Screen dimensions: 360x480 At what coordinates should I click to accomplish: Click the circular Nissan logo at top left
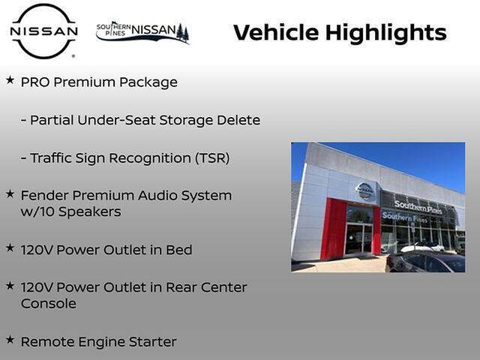tap(43, 31)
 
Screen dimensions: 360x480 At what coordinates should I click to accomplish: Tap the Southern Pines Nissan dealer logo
tap(142, 32)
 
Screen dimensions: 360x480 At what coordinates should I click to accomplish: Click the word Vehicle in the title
tap(277, 33)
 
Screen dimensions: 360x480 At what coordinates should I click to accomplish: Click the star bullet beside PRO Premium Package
tap(10, 79)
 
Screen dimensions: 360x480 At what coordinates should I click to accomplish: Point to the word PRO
tap(34, 82)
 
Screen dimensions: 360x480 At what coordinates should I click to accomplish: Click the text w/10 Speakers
tap(70, 211)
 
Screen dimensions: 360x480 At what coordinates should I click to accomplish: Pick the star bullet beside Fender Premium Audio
tap(10, 193)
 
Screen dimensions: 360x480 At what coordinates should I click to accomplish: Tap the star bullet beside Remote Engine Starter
tap(10, 340)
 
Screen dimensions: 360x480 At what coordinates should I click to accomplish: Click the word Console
tap(48, 304)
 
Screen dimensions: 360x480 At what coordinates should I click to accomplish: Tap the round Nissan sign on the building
tap(365, 191)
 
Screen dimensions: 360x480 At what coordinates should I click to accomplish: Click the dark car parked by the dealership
tap(424, 262)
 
